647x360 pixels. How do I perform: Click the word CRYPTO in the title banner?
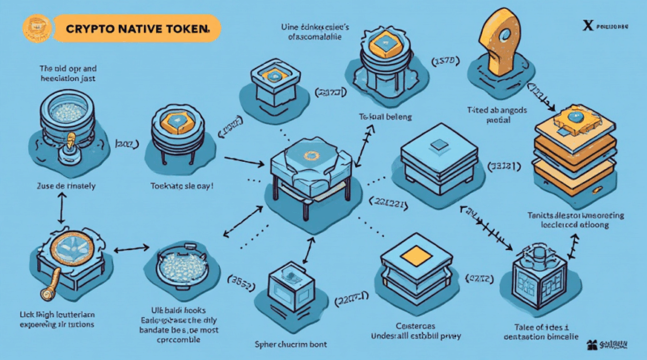(x=88, y=29)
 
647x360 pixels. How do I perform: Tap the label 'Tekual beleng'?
(x=381, y=116)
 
